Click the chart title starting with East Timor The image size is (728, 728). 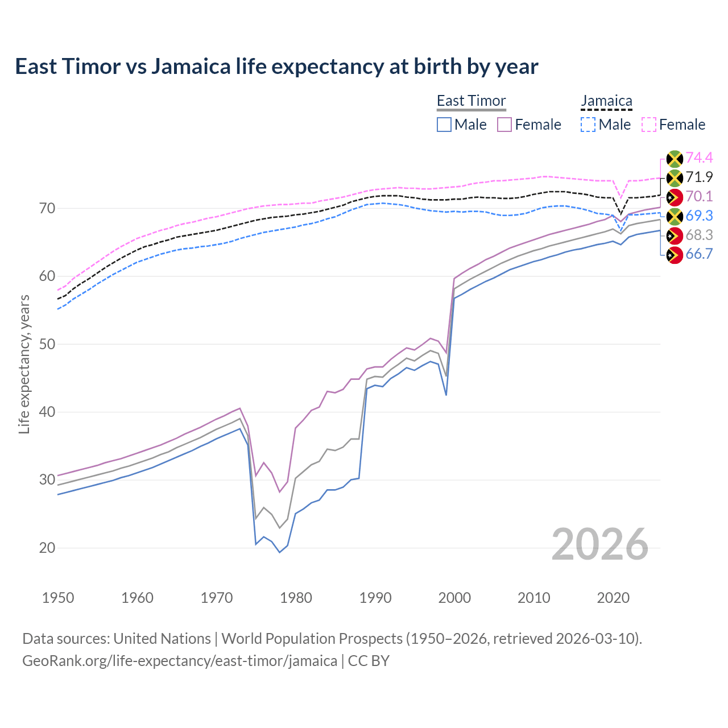click(x=276, y=67)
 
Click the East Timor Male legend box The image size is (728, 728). click(x=444, y=125)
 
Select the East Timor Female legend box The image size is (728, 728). click(x=504, y=125)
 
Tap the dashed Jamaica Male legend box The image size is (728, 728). click(x=588, y=125)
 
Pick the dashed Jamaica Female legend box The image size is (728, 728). click(x=649, y=125)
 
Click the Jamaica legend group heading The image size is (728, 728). click(x=606, y=101)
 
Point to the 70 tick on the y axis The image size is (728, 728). click(x=47, y=208)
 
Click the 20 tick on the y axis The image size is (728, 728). click(x=47, y=548)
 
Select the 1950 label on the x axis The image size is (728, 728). click(x=58, y=598)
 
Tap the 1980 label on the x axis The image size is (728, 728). click(x=296, y=598)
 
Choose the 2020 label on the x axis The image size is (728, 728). click(x=613, y=598)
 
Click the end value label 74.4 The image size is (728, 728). click(x=699, y=158)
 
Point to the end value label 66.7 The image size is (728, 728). click(x=699, y=254)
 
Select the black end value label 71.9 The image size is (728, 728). click(x=699, y=177)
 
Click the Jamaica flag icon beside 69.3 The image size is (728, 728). click(x=674, y=216)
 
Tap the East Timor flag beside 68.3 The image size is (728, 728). click(x=674, y=235)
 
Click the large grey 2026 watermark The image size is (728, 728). click(x=600, y=544)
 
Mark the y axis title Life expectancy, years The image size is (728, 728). click(x=24, y=364)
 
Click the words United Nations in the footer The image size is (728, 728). click(x=162, y=639)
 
